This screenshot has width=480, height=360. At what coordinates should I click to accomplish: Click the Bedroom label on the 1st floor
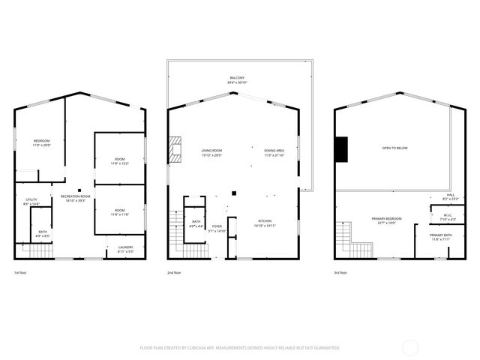[x=41, y=142]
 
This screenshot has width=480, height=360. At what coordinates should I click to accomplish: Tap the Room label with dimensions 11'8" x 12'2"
[x=119, y=160]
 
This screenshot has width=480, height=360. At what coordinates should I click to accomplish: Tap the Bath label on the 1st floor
[x=43, y=233]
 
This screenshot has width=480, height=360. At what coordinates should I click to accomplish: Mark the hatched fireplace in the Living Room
[x=175, y=149]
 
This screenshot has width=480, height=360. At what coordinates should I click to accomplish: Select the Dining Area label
[x=274, y=151]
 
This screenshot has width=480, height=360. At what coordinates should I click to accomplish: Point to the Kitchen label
[x=265, y=223]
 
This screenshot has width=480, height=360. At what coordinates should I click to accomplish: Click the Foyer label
[x=217, y=228]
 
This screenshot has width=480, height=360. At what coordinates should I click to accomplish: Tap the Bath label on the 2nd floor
[x=196, y=223]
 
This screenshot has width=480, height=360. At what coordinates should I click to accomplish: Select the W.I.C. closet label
[x=439, y=217]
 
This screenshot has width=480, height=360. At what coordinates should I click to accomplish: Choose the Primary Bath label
[x=439, y=237]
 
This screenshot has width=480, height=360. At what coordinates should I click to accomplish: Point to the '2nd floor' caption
[x=175, y=272]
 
